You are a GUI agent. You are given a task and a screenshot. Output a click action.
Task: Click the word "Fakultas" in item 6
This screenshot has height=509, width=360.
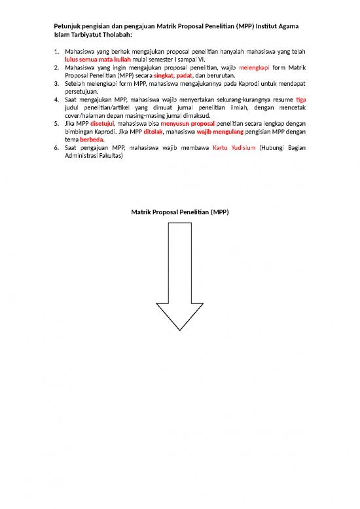[108, 157]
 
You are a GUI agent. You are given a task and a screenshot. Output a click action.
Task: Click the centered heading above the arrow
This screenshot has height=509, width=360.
[180, 213]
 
